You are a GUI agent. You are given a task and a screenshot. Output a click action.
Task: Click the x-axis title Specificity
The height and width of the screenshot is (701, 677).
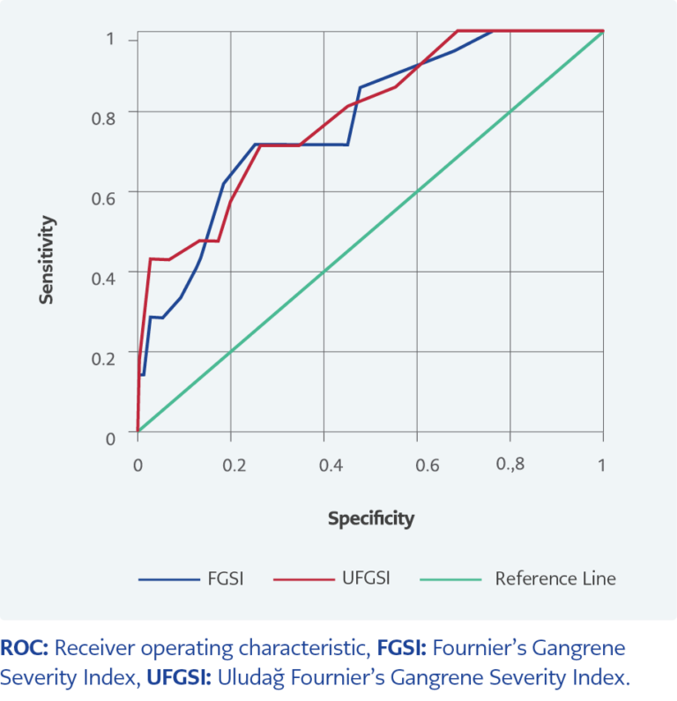point(370,518)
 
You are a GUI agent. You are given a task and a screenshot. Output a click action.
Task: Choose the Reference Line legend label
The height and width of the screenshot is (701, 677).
point(555,578)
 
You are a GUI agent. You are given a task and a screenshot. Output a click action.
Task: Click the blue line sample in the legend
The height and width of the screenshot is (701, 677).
point(169,579)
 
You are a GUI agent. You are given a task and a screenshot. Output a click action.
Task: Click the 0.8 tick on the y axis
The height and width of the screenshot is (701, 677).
point(103,117)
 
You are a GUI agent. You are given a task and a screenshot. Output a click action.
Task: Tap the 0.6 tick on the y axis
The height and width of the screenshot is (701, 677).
point(103,197)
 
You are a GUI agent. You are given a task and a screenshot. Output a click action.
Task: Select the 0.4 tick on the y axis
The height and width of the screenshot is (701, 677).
point(103,278)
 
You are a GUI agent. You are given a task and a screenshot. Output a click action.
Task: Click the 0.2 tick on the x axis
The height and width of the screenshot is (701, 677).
point(234,465)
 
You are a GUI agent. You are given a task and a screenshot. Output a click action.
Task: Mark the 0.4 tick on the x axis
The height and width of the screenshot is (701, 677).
point(327,465)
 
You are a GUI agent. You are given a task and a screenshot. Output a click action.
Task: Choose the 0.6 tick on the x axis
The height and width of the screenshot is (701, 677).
point(420,465)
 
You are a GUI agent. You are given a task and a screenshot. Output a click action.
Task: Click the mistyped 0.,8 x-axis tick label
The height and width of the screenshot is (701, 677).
point(509,465)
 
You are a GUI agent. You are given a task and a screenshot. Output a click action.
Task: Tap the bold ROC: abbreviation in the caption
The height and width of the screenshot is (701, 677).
point(26,648)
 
